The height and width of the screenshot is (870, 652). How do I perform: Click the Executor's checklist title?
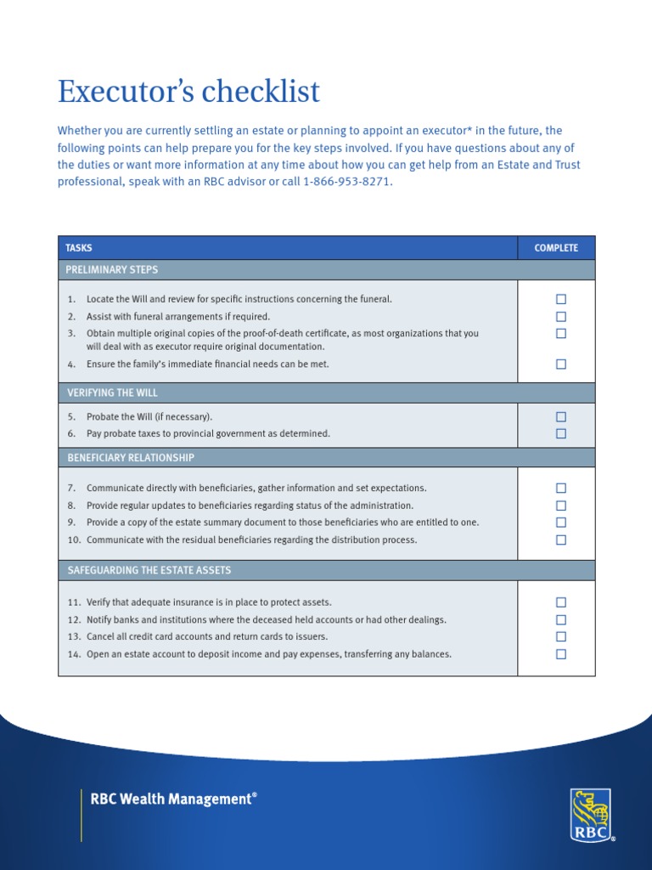click(x=188, y=92)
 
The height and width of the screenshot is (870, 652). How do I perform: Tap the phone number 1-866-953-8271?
click(x=347, y=183)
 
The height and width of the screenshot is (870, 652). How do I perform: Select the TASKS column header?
click(x=79, y=248)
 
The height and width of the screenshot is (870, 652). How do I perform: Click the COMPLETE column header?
click(x=556, y=248)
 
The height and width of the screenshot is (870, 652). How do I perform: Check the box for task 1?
click(x=560, y=299)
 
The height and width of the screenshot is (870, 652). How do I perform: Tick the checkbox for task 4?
click(x=560, y=364)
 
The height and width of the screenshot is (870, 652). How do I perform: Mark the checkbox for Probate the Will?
click(x=560, y=417)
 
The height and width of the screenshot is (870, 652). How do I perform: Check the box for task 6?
click(x=560, y=434)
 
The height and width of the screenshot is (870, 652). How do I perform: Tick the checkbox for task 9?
click(x=560, y=523)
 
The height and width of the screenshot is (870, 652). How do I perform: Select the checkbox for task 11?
click(x=560, y=602)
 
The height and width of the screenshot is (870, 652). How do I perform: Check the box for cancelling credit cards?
click(x=560, y=636)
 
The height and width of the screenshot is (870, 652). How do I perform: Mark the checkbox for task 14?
click(x=560, y=654)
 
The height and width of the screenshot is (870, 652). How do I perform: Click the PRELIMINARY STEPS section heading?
click(x=112, y=270)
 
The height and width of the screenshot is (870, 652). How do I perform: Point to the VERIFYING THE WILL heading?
click(x=112, y=393)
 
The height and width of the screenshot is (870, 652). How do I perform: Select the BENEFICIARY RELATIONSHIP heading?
click(x=131, y=458)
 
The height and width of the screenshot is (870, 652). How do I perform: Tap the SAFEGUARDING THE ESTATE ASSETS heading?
click(x=149, y=570)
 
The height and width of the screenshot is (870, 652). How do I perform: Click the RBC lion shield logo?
click(x=590, y=814)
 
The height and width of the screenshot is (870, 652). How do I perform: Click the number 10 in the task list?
click(x=73, y=540)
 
